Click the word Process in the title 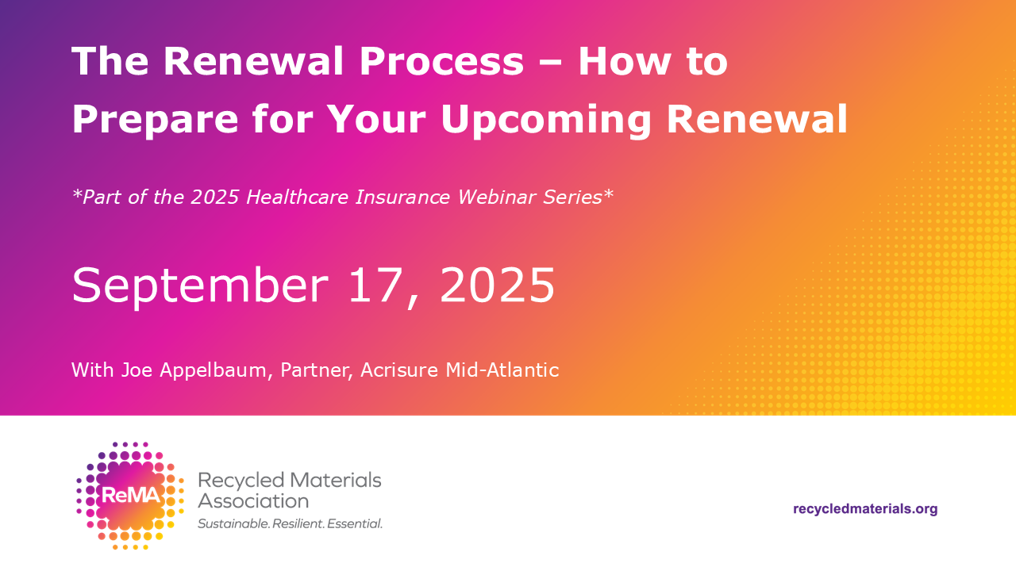(441, 61)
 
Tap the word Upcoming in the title (545, 120)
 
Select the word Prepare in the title (155, 120)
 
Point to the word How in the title (625, 61)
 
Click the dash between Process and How (551, 63)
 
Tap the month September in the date (200, 286)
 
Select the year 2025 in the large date (497, 285)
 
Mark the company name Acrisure (399, 370)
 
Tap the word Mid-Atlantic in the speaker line (502, 370)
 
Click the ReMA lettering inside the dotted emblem (131, 496)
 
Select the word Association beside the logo (253, 501)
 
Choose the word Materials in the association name (335, 481)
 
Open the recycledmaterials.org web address (865, 509)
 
